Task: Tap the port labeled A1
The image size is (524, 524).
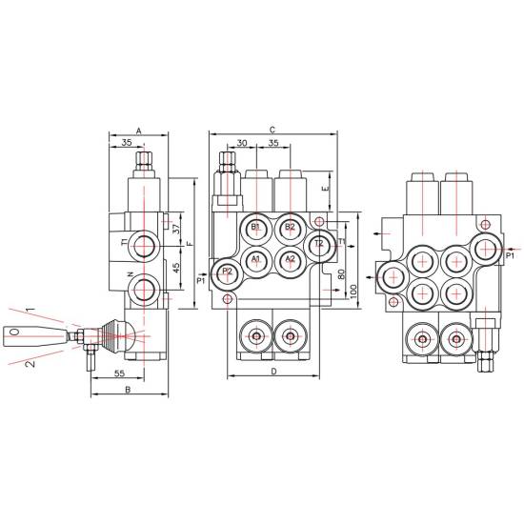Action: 256,261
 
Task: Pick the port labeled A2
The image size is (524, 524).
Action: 290,261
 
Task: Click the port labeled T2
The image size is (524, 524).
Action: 319,245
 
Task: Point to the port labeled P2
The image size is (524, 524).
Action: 228,273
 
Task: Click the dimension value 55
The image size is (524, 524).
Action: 119,373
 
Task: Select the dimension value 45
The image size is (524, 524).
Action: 176,267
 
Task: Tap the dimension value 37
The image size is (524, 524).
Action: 176,230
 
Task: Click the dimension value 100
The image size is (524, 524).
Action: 353,292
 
